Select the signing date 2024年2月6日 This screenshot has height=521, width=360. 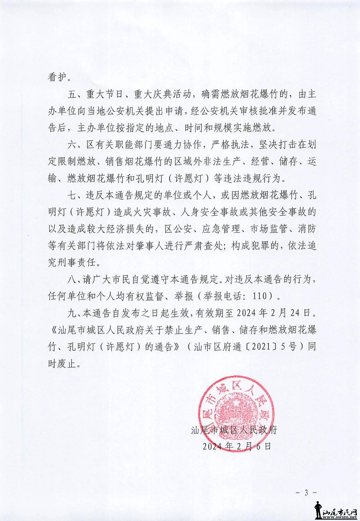coord(237,446)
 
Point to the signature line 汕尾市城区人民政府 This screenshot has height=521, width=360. coord(234,430)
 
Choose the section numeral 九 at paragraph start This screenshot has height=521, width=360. coord(72,313)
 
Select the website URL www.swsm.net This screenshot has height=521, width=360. coord(339,517)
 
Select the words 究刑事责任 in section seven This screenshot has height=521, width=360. coord(74,263)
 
